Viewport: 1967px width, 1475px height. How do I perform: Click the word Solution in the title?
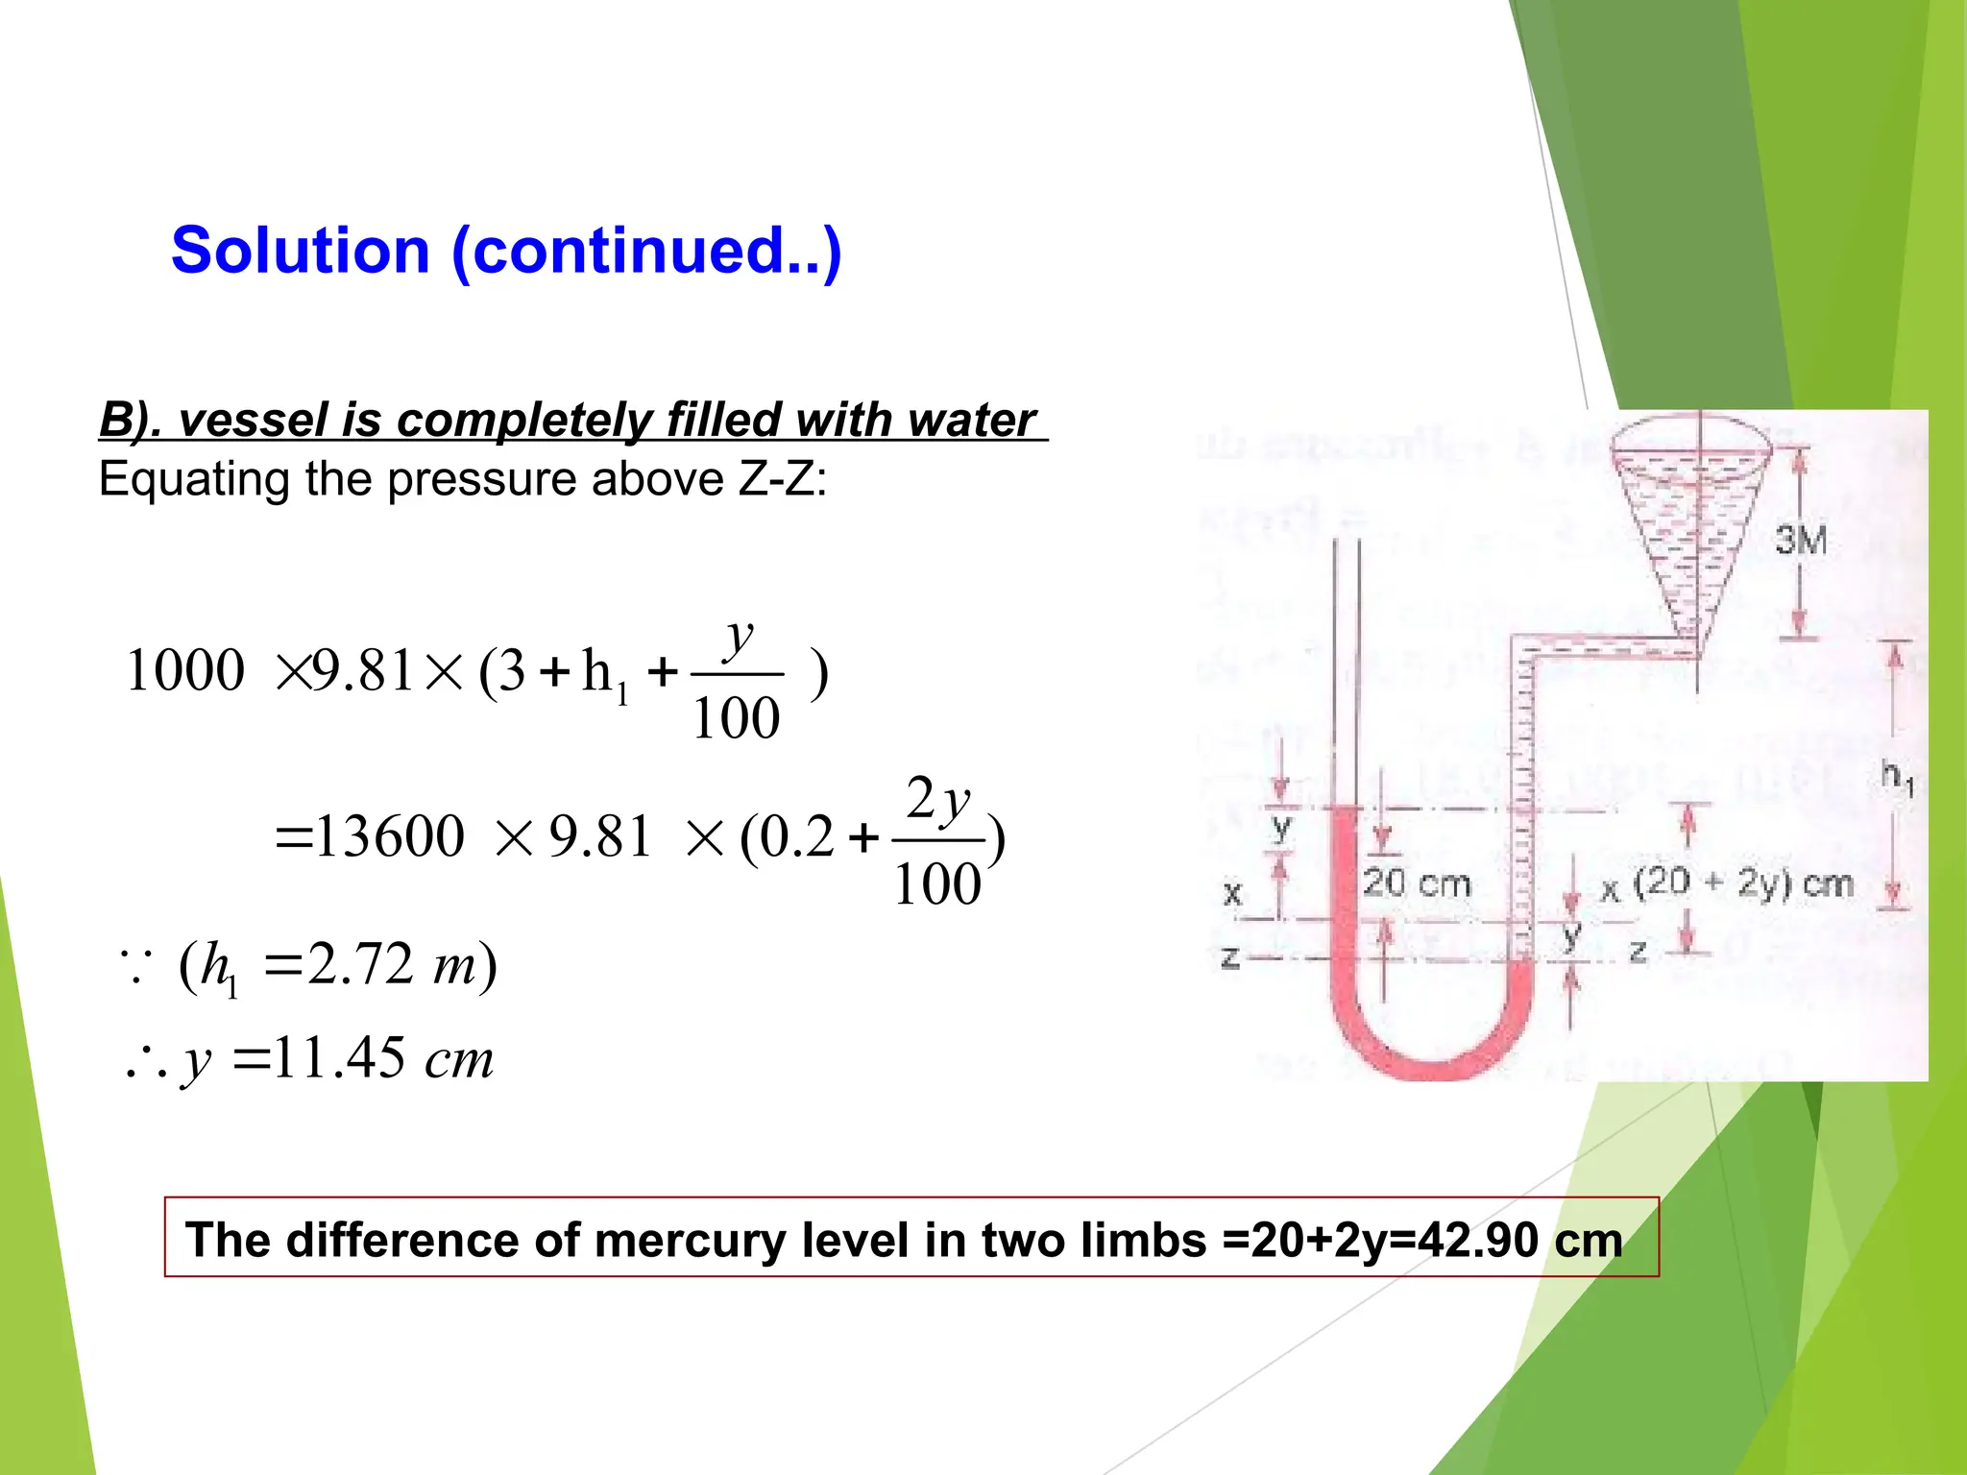[300, 251]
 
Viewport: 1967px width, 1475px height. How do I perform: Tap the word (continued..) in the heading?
[646, 253]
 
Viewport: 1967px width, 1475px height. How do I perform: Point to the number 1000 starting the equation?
[184, 670]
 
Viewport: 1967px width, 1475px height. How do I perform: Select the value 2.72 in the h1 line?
[359, 964]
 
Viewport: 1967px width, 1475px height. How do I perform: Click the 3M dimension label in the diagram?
[1800, 541]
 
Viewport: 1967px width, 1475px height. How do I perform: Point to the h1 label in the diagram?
[1897, 775]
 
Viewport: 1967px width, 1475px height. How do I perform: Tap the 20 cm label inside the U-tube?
[1416, 883]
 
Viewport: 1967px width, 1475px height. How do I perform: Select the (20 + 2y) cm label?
[1742, 883]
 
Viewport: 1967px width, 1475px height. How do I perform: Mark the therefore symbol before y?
[145, 1062]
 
